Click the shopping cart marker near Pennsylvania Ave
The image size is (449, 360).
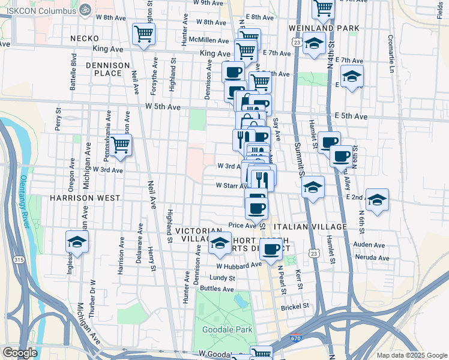point(121,145)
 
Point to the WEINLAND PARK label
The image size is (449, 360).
point(324,28)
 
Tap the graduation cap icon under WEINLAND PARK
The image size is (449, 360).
point(313,43)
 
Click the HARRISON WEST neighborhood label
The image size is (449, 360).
point(85,197)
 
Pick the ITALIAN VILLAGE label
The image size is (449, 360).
point(310,227)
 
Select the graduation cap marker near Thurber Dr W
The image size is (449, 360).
point(77,242)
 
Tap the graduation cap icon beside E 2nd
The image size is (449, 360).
point(376,200)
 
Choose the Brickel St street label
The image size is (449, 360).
point(295,306)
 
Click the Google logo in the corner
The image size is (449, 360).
point(20,353)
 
